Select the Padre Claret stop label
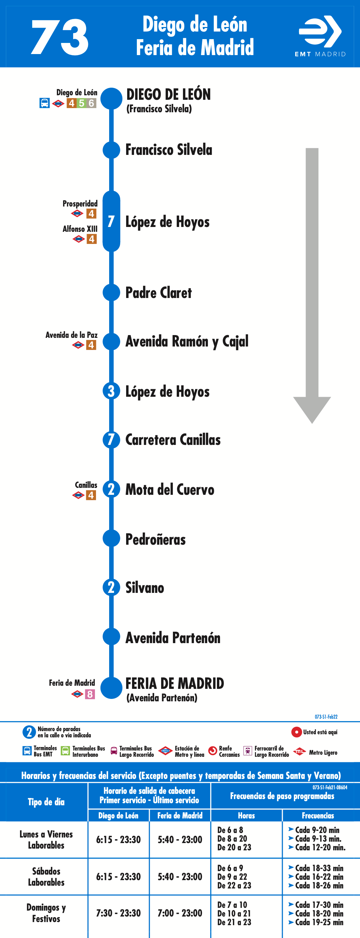point(158,293)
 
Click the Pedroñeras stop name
point(156,539)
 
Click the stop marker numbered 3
point(111,391)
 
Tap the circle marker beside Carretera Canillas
point(111,439)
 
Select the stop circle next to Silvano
point(111,587)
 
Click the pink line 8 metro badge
point(90,694)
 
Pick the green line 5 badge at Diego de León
point(81,103)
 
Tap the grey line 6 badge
point(91,103)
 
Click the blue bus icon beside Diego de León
point(44,103)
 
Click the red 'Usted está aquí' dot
point(297,732)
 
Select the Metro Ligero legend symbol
point(299,751)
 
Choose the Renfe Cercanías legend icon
point(213,751)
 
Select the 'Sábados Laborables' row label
point(46,877)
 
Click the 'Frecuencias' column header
point(318,816)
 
